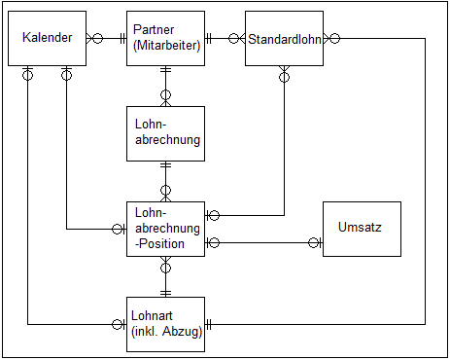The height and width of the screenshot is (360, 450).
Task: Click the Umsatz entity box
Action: pyautogui.click(x=361, y=229)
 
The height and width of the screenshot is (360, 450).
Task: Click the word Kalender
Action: pyautogui.click(x=48, y=39)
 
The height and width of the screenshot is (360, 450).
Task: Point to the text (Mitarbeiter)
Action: pyautogui.click(x=166, y=46)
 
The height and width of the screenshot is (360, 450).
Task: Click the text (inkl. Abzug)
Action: pyautogui.click(x=165, y=332)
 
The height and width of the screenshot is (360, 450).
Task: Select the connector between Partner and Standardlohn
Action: pyautogui.click(x=225, y=39)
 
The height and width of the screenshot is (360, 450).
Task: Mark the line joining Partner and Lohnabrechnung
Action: pyautogui.click(x=165, y=86)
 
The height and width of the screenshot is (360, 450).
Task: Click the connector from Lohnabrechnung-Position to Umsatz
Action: pyautogui.click(x=262, y=242)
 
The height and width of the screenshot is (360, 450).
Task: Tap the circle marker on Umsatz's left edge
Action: pyautogui.click(x=314, y=242)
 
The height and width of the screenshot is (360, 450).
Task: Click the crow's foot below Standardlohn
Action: pyautogui.click(x=284, y=73)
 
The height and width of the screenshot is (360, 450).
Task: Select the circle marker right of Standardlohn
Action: pyautogui.click(x=334, y=39)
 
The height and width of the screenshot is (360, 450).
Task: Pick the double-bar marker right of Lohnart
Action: pyautogui.click(x=209, y=324)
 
